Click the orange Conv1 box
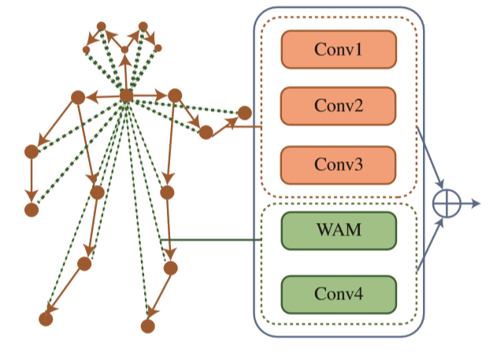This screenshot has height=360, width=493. [x=338, y=50]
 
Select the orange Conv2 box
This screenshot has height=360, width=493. [x=338, y=106]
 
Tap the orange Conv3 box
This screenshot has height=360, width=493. [x=338, y=165]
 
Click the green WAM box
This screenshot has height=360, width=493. [x=338, y=231]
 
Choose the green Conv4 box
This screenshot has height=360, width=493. [x=338, y=295]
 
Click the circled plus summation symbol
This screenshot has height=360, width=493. [x=446, y=203]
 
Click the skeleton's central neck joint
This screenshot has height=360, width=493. [x=126, y=96]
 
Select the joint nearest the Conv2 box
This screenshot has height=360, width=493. [x=244, y=112]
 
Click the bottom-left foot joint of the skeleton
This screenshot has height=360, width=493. [x=46, y=319]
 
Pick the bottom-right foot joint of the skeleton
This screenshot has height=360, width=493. [x=147, y=325]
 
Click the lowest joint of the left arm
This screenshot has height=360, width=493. [x=32, y=210]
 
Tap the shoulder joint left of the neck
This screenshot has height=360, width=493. [x=78, y=97]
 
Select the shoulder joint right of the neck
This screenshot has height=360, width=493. [x=176, y=95]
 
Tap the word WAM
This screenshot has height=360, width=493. [x=338, y=231]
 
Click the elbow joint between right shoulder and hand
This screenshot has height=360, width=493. [x=206, y=132]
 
